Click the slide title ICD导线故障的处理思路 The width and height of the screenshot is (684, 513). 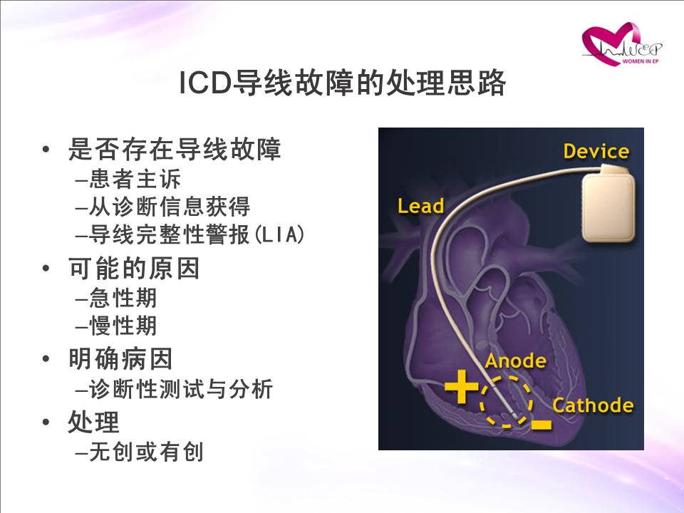point(343,83)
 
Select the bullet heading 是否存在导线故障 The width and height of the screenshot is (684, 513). point(175,149)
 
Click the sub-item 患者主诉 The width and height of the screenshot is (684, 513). point(135,179)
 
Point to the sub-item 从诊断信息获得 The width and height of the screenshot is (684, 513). point(170,207)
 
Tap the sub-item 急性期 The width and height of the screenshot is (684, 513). point(123,298)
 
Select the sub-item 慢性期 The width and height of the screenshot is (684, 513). point(123,326)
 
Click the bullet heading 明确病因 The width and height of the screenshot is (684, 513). point(120,358)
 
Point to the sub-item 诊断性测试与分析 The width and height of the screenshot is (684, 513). point(181,388)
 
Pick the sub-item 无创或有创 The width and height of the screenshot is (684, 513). point(146,452)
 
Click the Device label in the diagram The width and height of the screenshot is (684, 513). point(596,151)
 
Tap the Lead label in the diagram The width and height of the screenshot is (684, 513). point(420,206)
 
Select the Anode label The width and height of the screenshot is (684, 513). point(515,361)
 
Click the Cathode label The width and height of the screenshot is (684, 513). point(593,405)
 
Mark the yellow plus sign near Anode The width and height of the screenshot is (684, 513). point(461,386)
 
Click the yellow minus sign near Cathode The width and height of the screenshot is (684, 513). point(541,424)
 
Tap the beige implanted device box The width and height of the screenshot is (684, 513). point(608,203)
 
